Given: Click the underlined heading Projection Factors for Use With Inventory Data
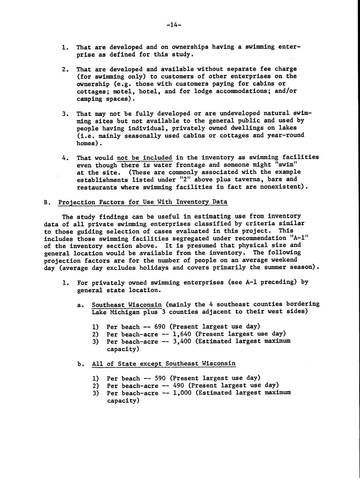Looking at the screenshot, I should coord(143,202).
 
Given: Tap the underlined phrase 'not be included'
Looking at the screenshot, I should coord(144,158).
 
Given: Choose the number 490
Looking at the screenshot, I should coord(176,386).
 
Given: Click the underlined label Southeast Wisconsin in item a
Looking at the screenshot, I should coord(127,305).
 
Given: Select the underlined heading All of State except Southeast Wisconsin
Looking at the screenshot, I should coord(164,364).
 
